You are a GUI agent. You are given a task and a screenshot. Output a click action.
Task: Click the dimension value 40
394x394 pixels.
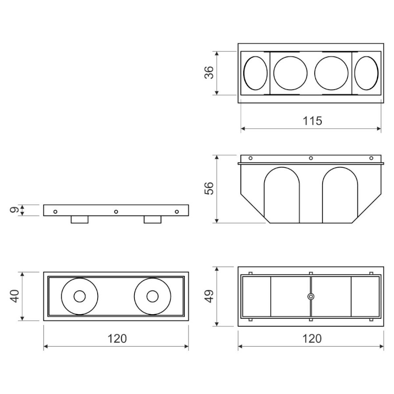[14, 296]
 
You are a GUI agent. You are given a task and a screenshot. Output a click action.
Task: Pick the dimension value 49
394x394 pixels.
[210, 296]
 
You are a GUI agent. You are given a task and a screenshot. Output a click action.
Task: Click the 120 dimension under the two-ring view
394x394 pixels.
[116, 338]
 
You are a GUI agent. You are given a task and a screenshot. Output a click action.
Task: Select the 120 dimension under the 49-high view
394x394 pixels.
[312, 338]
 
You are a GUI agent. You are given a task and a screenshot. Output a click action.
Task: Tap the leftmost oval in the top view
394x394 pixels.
[255, 73]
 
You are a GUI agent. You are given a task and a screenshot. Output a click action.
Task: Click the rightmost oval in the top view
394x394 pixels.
[366, 73]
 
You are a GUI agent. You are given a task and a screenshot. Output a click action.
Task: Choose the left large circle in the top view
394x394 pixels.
[291, 73]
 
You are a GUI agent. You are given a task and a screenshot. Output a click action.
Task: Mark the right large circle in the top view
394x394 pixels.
[331, 73]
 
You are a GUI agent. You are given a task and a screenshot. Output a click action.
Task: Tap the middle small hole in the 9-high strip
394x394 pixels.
[116, 212]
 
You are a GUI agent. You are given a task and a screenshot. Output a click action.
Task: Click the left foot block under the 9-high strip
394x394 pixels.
[80, 219]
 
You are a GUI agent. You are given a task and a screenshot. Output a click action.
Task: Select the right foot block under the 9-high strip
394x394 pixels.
[153, 219]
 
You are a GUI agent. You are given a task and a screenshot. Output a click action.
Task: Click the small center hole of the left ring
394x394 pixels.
[80, 296]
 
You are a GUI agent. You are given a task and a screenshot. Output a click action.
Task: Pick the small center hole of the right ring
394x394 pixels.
[152, 296]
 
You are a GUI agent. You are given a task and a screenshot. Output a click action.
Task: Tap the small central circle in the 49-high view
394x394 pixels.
[311, 296]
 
